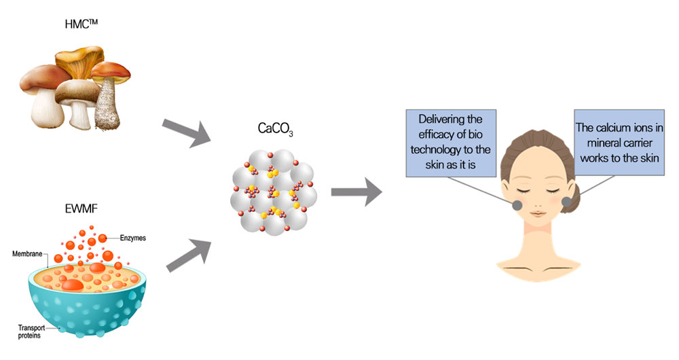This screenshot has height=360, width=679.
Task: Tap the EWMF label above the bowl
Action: click(x=81, y=209)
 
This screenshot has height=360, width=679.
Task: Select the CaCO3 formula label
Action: click(x=275, y=128)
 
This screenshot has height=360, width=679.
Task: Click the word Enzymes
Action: click(x=133, y=238)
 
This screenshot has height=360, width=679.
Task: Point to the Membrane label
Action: click(x=27, y=253)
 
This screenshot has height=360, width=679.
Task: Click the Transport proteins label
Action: click(x=31, y=331)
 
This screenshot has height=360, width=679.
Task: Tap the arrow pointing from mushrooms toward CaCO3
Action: click(x=186, y=131)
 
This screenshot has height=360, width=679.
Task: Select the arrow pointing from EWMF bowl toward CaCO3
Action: click(x=189, y=255)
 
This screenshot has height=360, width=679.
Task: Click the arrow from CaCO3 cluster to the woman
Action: click(x=356, y=192)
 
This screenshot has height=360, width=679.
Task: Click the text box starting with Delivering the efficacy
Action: click(x=451, y=143)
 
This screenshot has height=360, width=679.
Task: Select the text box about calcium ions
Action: click(x=619, y=143)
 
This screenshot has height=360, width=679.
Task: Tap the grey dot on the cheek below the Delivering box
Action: click(x=517, y=205)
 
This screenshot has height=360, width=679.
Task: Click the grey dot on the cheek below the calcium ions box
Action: click(x=567, y=202)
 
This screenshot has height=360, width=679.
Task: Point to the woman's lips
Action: click(x=537, y=213)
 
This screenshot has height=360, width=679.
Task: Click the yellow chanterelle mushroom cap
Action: click(x=79, y=59)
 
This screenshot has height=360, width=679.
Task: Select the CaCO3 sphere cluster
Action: click(x=274, y=192)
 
